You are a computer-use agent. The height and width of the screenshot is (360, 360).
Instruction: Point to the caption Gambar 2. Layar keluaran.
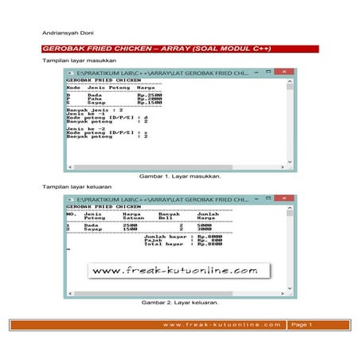click(180, 303)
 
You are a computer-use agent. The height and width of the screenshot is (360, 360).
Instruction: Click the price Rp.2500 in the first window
click(151, 94)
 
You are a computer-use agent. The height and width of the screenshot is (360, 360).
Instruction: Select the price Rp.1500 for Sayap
click(151, 102)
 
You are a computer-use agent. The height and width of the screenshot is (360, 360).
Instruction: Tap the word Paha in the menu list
click(95, 98)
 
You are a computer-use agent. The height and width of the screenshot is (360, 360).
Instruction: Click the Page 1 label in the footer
click(301, 324)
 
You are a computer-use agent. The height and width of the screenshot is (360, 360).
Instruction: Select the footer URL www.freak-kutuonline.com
click(221, 324)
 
